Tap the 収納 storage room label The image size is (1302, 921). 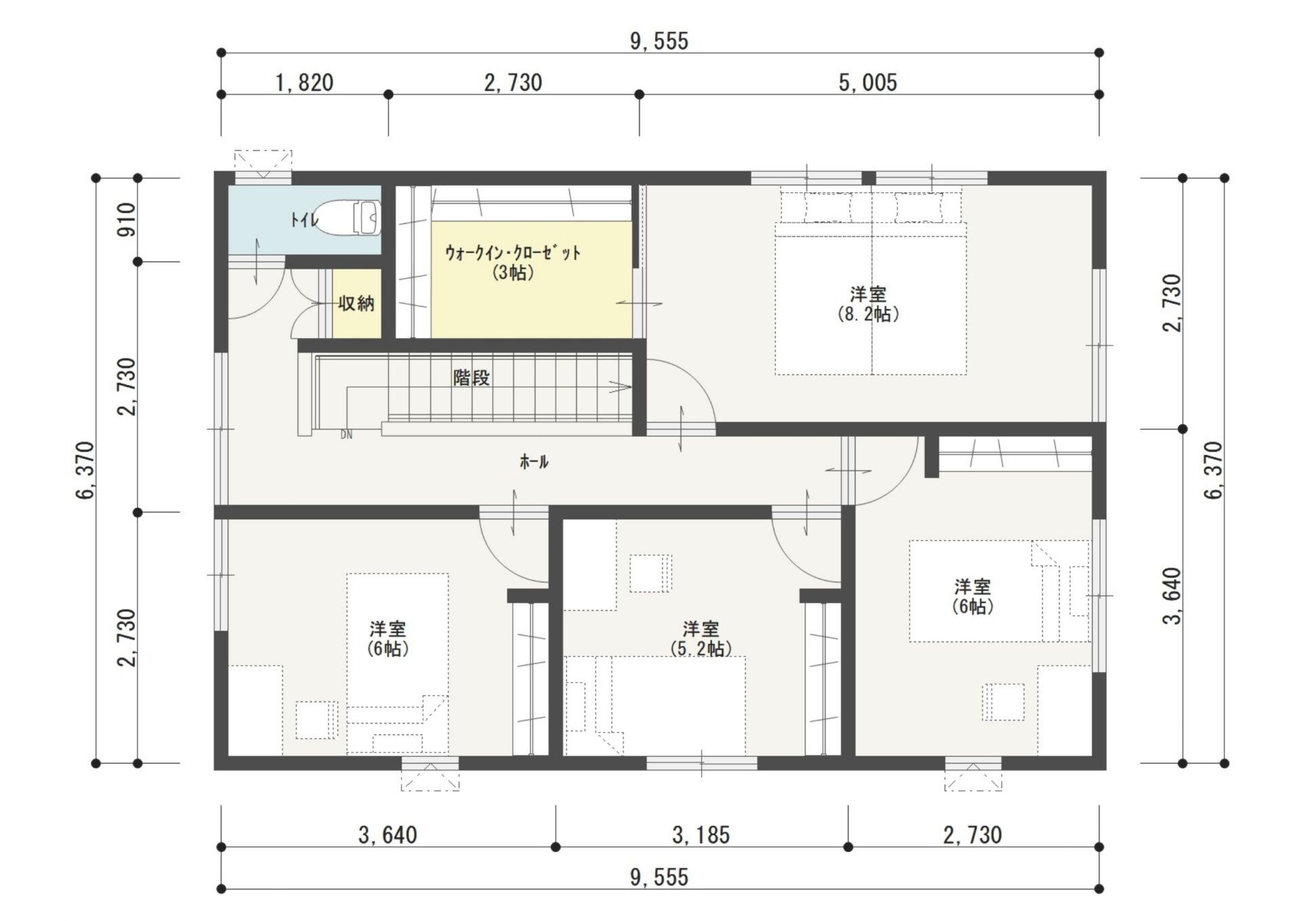[x=356, y=303]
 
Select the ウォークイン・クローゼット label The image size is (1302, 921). [x=513, y=253]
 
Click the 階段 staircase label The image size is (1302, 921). [x=471, y=378]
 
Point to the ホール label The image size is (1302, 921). [x=534, y=462]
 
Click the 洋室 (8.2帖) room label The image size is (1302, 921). [x=868, y=304]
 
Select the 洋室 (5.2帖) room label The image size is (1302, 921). [x=701, y=639]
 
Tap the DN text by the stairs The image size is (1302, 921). [x=347, y=435]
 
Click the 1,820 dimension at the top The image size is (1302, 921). [x=304, y=83]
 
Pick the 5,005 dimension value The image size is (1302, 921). [x=868, y=83]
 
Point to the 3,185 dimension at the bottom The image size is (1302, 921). [x=701, y=835]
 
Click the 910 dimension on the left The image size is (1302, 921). [x=127, y=219]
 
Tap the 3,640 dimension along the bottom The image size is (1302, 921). [x=388, y=835]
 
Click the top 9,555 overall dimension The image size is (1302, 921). [x=659, y=41]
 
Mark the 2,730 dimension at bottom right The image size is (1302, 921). [x=972, y=835]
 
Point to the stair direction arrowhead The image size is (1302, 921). [x=623, y=387]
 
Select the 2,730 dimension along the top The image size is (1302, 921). [x=513, y=83]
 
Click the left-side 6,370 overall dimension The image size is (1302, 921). [x=85, y=470]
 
